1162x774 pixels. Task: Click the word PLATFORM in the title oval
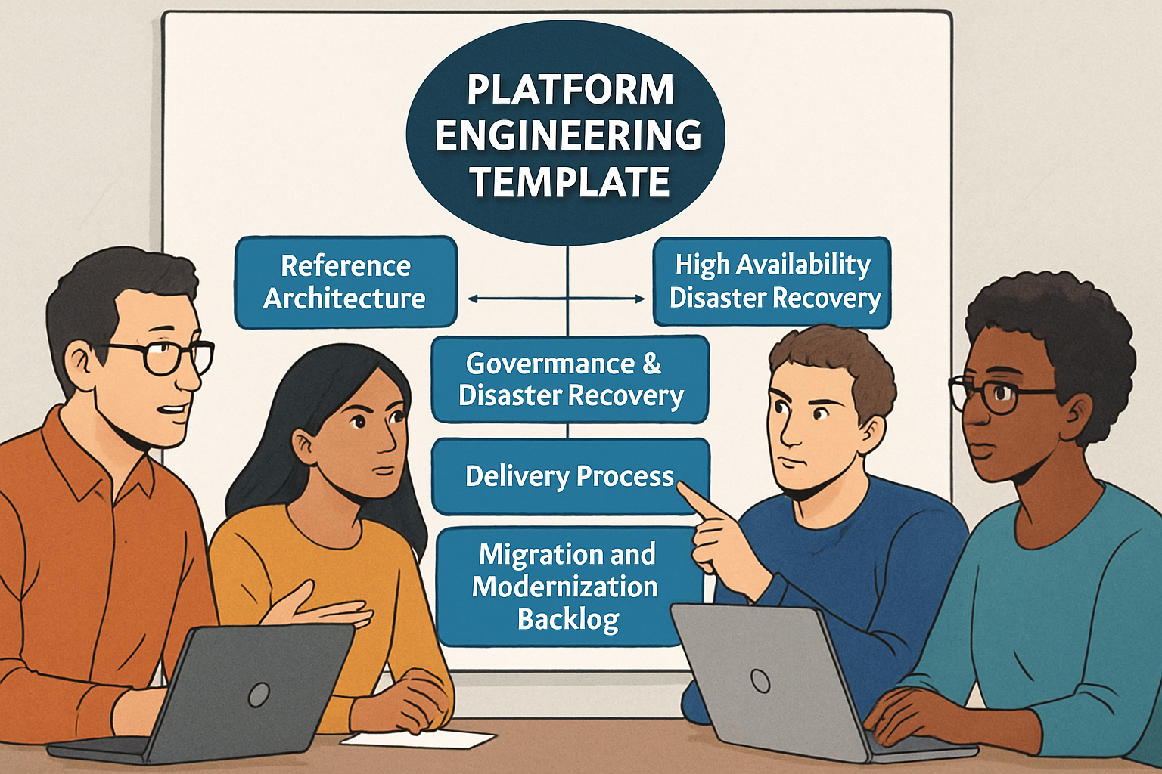pyautogui.click(x=570, y=90)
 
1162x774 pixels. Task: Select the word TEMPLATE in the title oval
pyautogui.click(x=570, y=182)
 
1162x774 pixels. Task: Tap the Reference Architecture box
pyautogui.click(x=345, y=282)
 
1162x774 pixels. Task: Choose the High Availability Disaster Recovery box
pyautogui.click(x=772, y=281)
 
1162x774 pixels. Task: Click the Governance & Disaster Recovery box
pyautogui.click(x=570, y=379)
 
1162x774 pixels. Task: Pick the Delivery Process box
pyautogui.click(x=570, y=476)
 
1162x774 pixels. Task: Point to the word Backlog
pyautogui.click(x=568, y=619)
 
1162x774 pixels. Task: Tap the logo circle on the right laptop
pyautogui.click(x=760, y=681)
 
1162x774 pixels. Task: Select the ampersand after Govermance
pyautogui.click(x=651, y=364)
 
